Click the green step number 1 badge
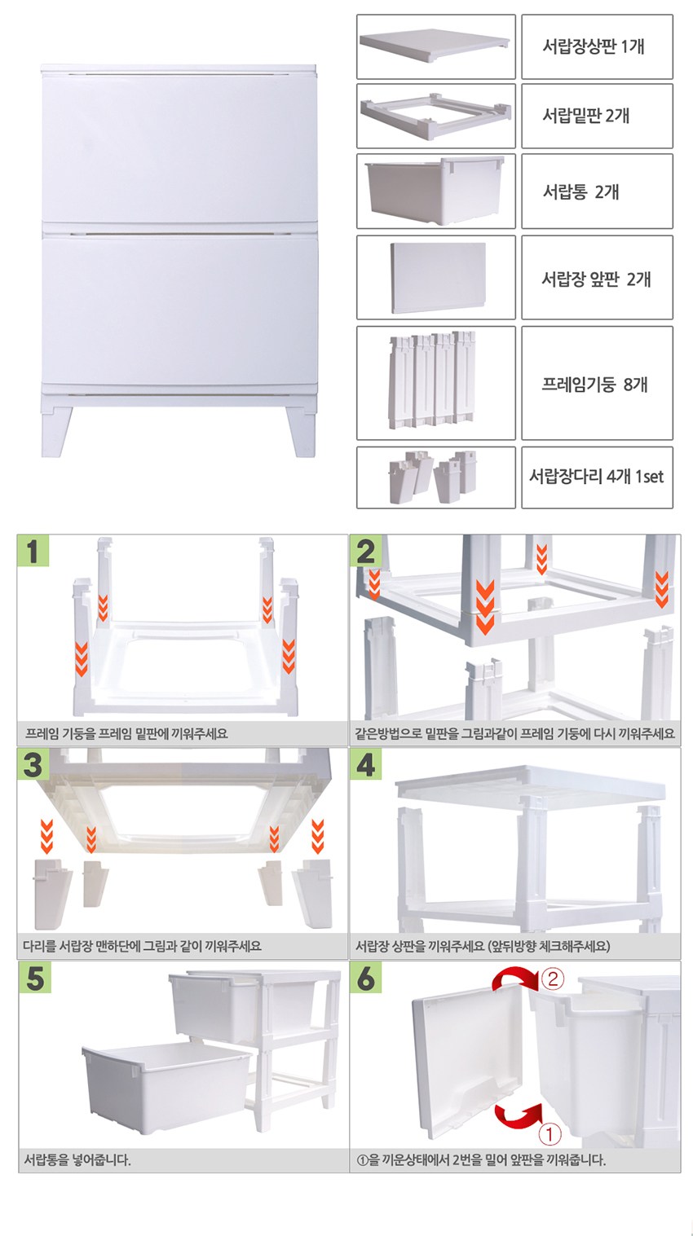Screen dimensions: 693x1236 pyautogui.click(x=33, y=551)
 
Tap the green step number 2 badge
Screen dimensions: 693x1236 pyautogui.click(x=365, y=551)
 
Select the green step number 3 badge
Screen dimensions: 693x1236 pyautogui.click(x=33, y=764)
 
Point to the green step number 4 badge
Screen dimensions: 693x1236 pyautogui.click(x=365, y=764)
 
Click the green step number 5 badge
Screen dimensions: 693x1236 pyautogui.click(x=35, y=978)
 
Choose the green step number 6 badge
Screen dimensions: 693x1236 pyautogui.click(x=365, y=978)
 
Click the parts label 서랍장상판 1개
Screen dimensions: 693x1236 pyautogui.click(x=593, y=46)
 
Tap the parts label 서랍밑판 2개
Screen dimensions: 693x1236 pyautogui.click(x=586, y=116)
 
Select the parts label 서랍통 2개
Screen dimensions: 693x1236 pyautogui.click(x=581, y=191)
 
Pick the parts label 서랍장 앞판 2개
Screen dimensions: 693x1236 pyautogui.click(x=596, y=279)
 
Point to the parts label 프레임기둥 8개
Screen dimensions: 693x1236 pyautogui.click(x=594, y=384)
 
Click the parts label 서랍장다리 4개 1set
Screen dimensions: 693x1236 pyautogui.click(x=596, y=476)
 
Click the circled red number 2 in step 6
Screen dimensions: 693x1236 pyautogui.click(x=553, y=979)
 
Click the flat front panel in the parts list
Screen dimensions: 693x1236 pyautogui.click(x=438, y=278)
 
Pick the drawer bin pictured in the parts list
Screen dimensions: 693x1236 pyautogui.click(x=435, y=191)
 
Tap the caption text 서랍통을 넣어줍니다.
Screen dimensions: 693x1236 pyautogui.click(x=77, y=1160)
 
